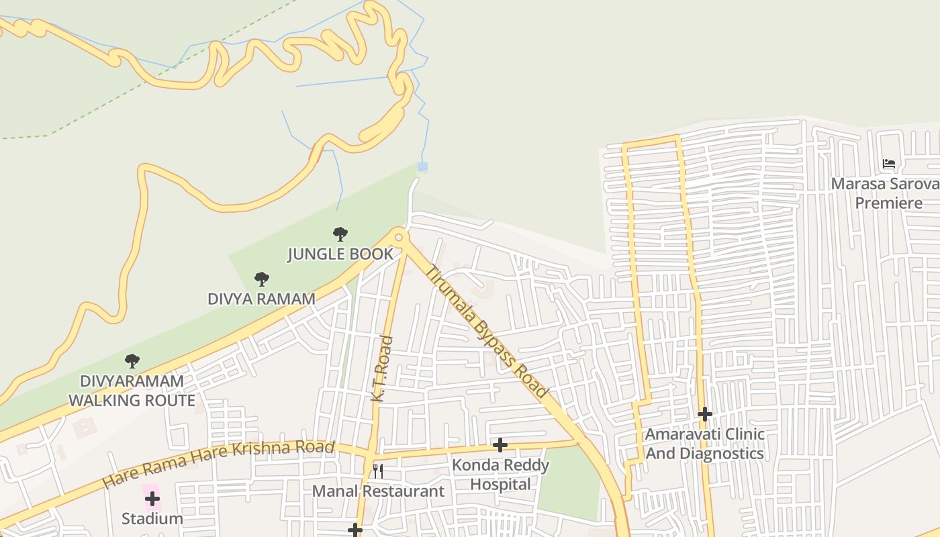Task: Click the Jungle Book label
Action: pyautogui.click(x=340, y=254)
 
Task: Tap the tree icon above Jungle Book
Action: pyautogui.click(x=340, y=234)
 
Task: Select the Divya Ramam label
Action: pyautogui.click(x=261, y=299)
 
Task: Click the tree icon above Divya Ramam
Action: pyautogui.click(x=262, y=279)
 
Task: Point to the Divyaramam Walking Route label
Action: pyautogui.click(x=132, y=391)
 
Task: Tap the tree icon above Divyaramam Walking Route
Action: pyautogui.click(x=132, y=361)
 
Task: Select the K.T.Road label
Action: pyautogui.click(x=381, y=369)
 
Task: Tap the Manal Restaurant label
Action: pyautogui.click(x=378, y=491)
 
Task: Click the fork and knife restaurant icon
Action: pyautogui.click(x=378, y=471)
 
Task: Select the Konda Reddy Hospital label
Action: pyautogui.click(x=500, y=475)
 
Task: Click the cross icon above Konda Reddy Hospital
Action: pyautogui.click(x=500, y=445)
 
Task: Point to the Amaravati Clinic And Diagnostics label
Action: pyautogui.click(x=704, y=444)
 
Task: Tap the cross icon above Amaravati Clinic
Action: pyautogui.click(x=704, y=414)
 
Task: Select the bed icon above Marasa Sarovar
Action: pyautogui.click(x=889, y=164)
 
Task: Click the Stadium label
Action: pyautogui.click(x=152, y=519)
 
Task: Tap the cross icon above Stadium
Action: pyautogui.click(x=152, y=499)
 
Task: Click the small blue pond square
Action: pyautogui.click(x=422, y=166)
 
